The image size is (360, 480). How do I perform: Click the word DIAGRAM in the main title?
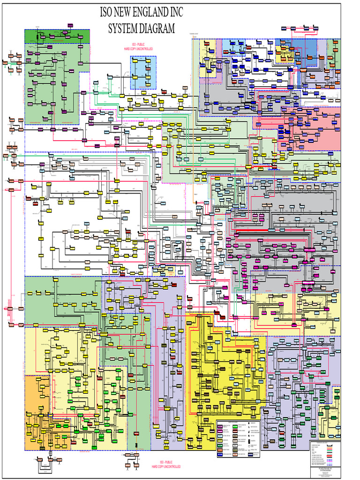tap(157, 28)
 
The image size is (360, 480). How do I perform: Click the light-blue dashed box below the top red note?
tap(143, 73)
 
